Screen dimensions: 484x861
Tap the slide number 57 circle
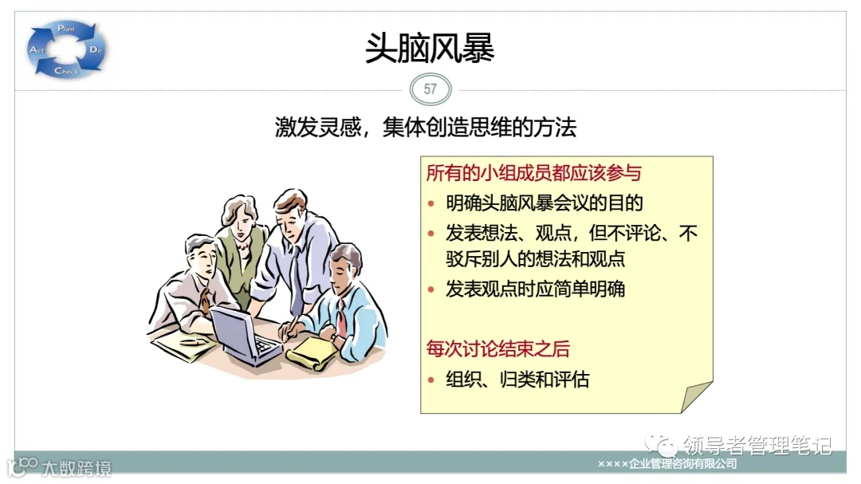point(431,89)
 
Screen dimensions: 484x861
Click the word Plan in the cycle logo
point(65,30)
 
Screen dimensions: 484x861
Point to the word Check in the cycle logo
point(66,72)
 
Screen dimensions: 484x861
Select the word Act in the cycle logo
point(37,50)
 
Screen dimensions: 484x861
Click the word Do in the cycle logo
point(96,50)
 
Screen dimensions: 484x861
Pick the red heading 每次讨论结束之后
point(497,349)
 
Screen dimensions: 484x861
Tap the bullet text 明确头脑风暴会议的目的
point(544,203)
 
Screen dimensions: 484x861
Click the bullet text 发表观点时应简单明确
point(535,289)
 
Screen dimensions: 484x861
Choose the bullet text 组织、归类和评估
point(517,379)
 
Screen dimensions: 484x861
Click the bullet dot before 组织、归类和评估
point(431,380)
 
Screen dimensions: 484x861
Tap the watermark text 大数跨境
point(77,467)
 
